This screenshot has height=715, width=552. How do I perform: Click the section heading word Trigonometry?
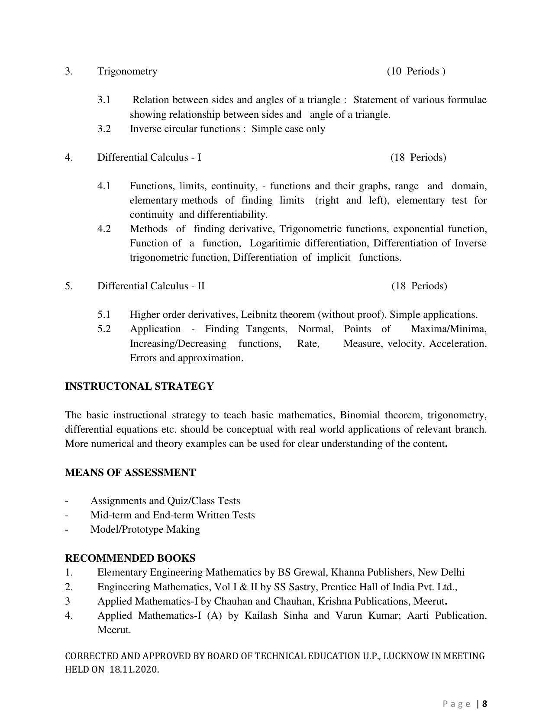127,71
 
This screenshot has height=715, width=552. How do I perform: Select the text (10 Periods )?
416,71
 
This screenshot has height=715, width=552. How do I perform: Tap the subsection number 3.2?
104,129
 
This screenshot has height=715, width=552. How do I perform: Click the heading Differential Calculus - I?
149,158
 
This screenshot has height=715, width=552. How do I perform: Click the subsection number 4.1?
104,186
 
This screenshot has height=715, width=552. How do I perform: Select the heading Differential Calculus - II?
151,286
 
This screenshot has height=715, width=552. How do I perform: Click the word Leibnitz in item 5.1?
259,315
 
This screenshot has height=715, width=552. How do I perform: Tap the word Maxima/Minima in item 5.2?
448,329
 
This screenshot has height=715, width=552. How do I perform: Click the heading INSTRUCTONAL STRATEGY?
139,386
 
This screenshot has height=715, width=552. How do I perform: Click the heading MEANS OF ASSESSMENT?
130,472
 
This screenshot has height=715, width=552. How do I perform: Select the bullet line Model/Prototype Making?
145,530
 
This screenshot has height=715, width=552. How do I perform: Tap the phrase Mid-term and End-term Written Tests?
172,515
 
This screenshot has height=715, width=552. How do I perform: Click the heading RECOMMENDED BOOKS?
130,558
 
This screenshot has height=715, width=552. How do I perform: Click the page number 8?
485,704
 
